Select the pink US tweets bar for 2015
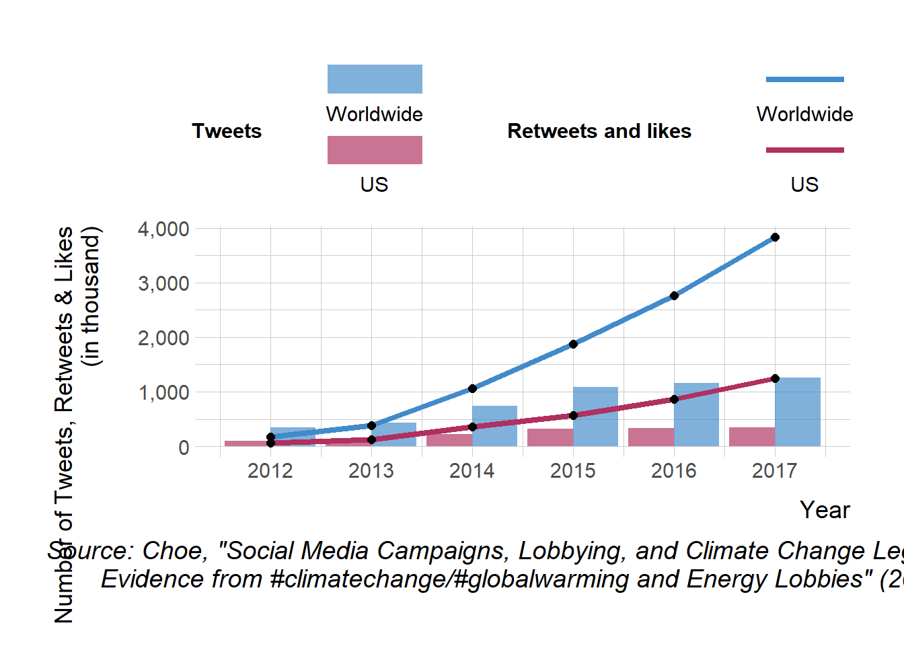coord(550,437)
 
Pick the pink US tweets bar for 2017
coord(751,437)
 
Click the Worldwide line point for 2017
coord(775,237)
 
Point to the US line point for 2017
coord(775,378)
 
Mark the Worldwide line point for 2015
coord(573,344)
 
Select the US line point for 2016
coord(674,399)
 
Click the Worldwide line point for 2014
coord(472,388)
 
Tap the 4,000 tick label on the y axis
coord(163,229)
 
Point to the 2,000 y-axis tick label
coord(163,338)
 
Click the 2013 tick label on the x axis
coord(371,470)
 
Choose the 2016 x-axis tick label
coord(673,470)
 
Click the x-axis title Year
coord(825,510)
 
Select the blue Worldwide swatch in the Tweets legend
coord(375,79)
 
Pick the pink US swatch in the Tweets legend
coord(375,150)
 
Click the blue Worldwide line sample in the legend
coord(804,79)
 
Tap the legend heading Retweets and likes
coord(599,131)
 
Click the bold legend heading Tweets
coord(227,131)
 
